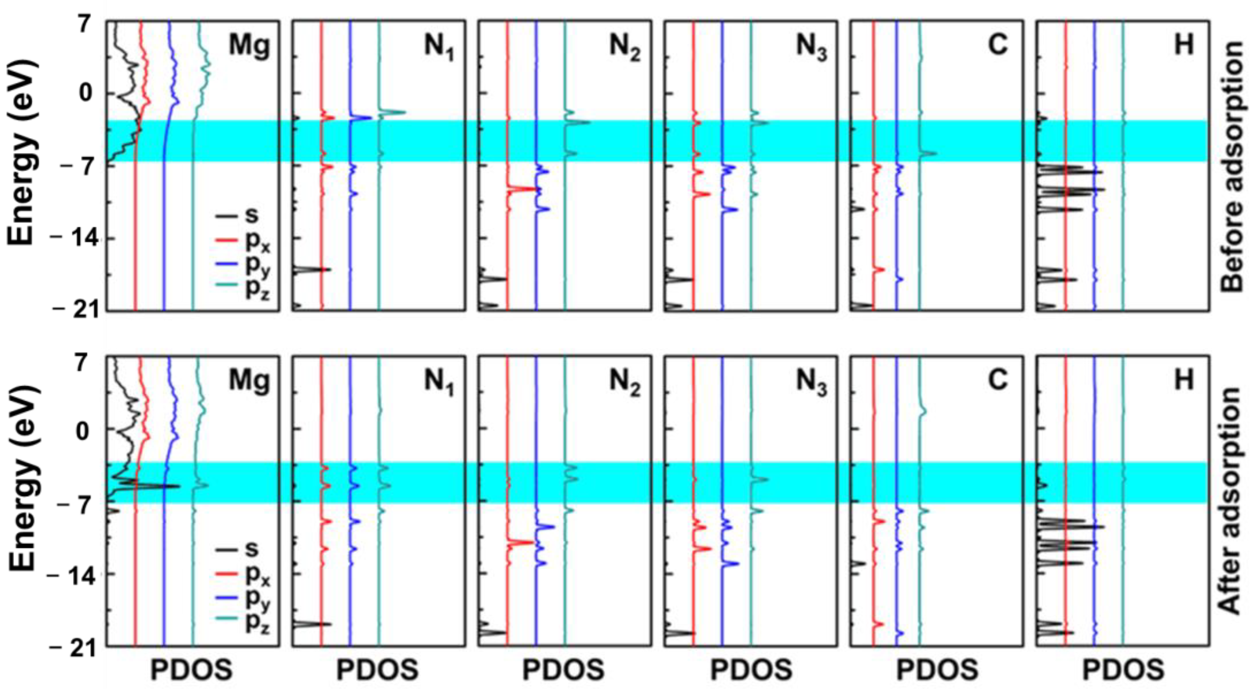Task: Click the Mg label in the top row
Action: pyautogui.click(x=249, y=47)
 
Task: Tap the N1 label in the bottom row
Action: pyautogui.click(x=438, y=381)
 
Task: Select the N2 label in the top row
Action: pyautogui.click(x=624, y=47)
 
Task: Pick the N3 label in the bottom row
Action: pyautogui.click(x=811, y=381)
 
